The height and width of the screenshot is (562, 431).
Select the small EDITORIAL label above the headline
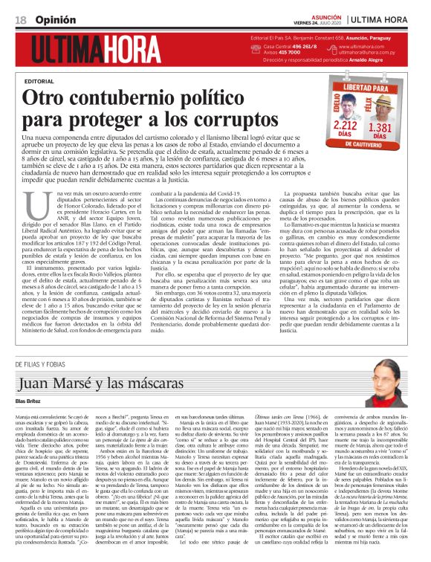point(39,80)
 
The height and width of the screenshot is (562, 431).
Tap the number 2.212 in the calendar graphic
point(335,129)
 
